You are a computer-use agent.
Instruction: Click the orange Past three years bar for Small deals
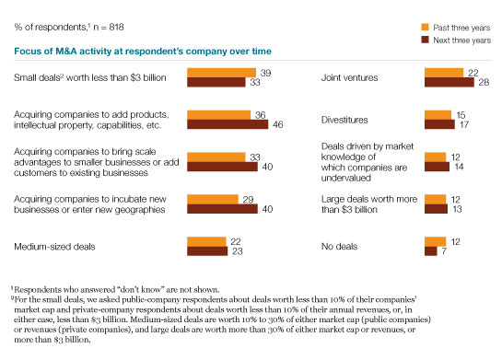point(222,73)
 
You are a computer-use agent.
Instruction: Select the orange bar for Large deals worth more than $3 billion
point(435,200)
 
